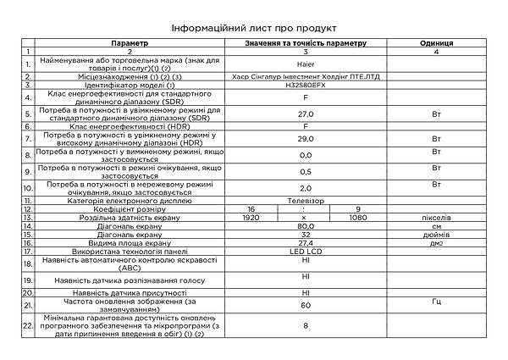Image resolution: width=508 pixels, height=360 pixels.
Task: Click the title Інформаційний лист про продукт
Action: tap(254, 27)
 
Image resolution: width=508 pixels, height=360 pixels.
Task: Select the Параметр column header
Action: tap(129, 42)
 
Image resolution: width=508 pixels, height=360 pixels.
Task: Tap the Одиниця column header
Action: tap(436, 42)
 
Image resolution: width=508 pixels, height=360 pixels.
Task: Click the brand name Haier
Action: tap(306, 64)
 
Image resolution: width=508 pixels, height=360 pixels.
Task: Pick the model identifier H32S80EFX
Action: tap(306, 85)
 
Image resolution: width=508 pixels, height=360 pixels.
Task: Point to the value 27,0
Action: tap(306, 112)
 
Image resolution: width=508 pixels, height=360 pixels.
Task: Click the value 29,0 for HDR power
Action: tap(306, 140)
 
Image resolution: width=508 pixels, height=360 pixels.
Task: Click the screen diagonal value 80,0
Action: tap(306, 225)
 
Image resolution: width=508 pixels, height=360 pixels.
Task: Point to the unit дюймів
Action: tap(436, 234)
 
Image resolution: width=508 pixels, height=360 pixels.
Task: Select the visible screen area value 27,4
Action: tap(306, 242)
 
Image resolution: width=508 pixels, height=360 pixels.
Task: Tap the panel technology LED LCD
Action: tap(306, 252)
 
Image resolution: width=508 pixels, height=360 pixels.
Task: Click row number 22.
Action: tap(28, 326)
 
